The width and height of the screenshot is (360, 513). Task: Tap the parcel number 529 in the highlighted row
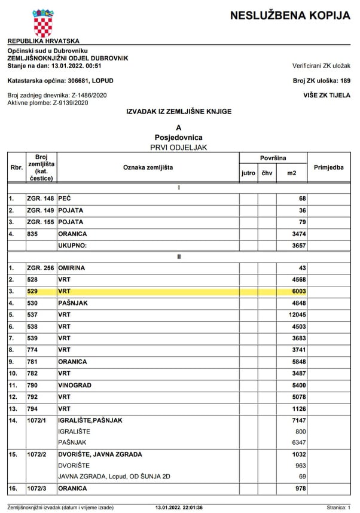[32, 291]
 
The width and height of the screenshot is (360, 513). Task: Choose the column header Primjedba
[328, 167]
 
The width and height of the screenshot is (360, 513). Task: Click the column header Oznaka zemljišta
[148, 167]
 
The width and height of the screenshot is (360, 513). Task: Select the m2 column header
[291, 173]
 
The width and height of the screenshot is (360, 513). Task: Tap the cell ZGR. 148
[41, 198]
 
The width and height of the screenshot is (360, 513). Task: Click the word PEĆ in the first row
[65, 198]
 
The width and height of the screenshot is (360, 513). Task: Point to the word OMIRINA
[71, 268]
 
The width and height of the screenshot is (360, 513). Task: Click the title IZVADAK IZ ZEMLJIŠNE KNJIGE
[178, 112]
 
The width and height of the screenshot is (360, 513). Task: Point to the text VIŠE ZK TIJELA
[327, 95]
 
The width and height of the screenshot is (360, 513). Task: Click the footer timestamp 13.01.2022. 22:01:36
[179, 508]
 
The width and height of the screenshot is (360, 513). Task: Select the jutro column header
[248, 173]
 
